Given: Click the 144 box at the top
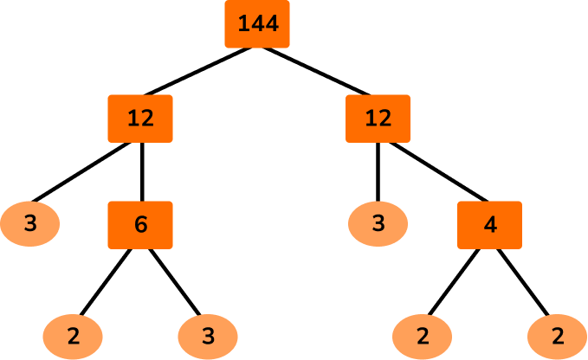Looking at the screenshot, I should [257, 23].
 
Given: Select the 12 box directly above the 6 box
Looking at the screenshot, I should [140, 119].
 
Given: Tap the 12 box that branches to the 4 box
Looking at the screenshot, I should [378, 119].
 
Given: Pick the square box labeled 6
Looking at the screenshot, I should [140, 224].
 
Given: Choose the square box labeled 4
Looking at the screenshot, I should [489, 224].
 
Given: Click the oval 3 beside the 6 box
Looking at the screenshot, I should [30, 223].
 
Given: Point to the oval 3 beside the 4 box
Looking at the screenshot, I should [378, 223].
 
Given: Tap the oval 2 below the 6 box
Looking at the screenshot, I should [73, 335].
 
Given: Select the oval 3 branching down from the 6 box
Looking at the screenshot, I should [208, 335].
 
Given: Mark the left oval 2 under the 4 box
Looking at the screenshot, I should [422, 335].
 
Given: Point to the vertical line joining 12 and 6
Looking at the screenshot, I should [141, 171].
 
